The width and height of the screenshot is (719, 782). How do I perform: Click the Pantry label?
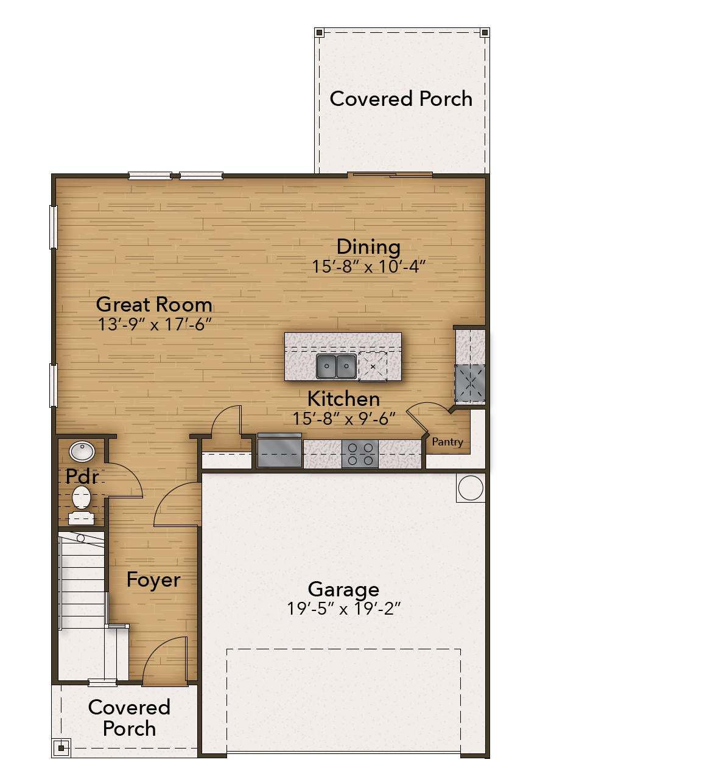click(447, 442)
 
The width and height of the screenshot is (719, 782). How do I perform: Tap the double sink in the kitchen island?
click(336, 366)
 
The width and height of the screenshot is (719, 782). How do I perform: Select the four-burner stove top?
click(360, 454)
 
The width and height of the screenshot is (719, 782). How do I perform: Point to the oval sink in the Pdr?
click(82, 452)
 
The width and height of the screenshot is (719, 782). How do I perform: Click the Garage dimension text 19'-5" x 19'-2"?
click(344, 608)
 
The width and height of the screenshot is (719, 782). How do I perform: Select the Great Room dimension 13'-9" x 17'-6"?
click(155, 324)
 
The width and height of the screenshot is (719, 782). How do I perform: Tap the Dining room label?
click(368, 247)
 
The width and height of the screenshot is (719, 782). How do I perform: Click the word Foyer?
click(153, 580)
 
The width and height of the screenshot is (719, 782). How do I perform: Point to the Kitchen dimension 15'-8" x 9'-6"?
click(344, 418)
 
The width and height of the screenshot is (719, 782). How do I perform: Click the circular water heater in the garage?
click(471, 487)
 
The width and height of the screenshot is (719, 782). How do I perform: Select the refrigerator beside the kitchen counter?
click(279, 451)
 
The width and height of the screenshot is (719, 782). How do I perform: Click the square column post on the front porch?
click(61, 748)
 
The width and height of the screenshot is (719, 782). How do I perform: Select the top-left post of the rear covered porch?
click(319, 32)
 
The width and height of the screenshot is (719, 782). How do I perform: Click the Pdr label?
click(82, 476)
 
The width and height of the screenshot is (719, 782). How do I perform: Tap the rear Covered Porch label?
click(401, 98)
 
